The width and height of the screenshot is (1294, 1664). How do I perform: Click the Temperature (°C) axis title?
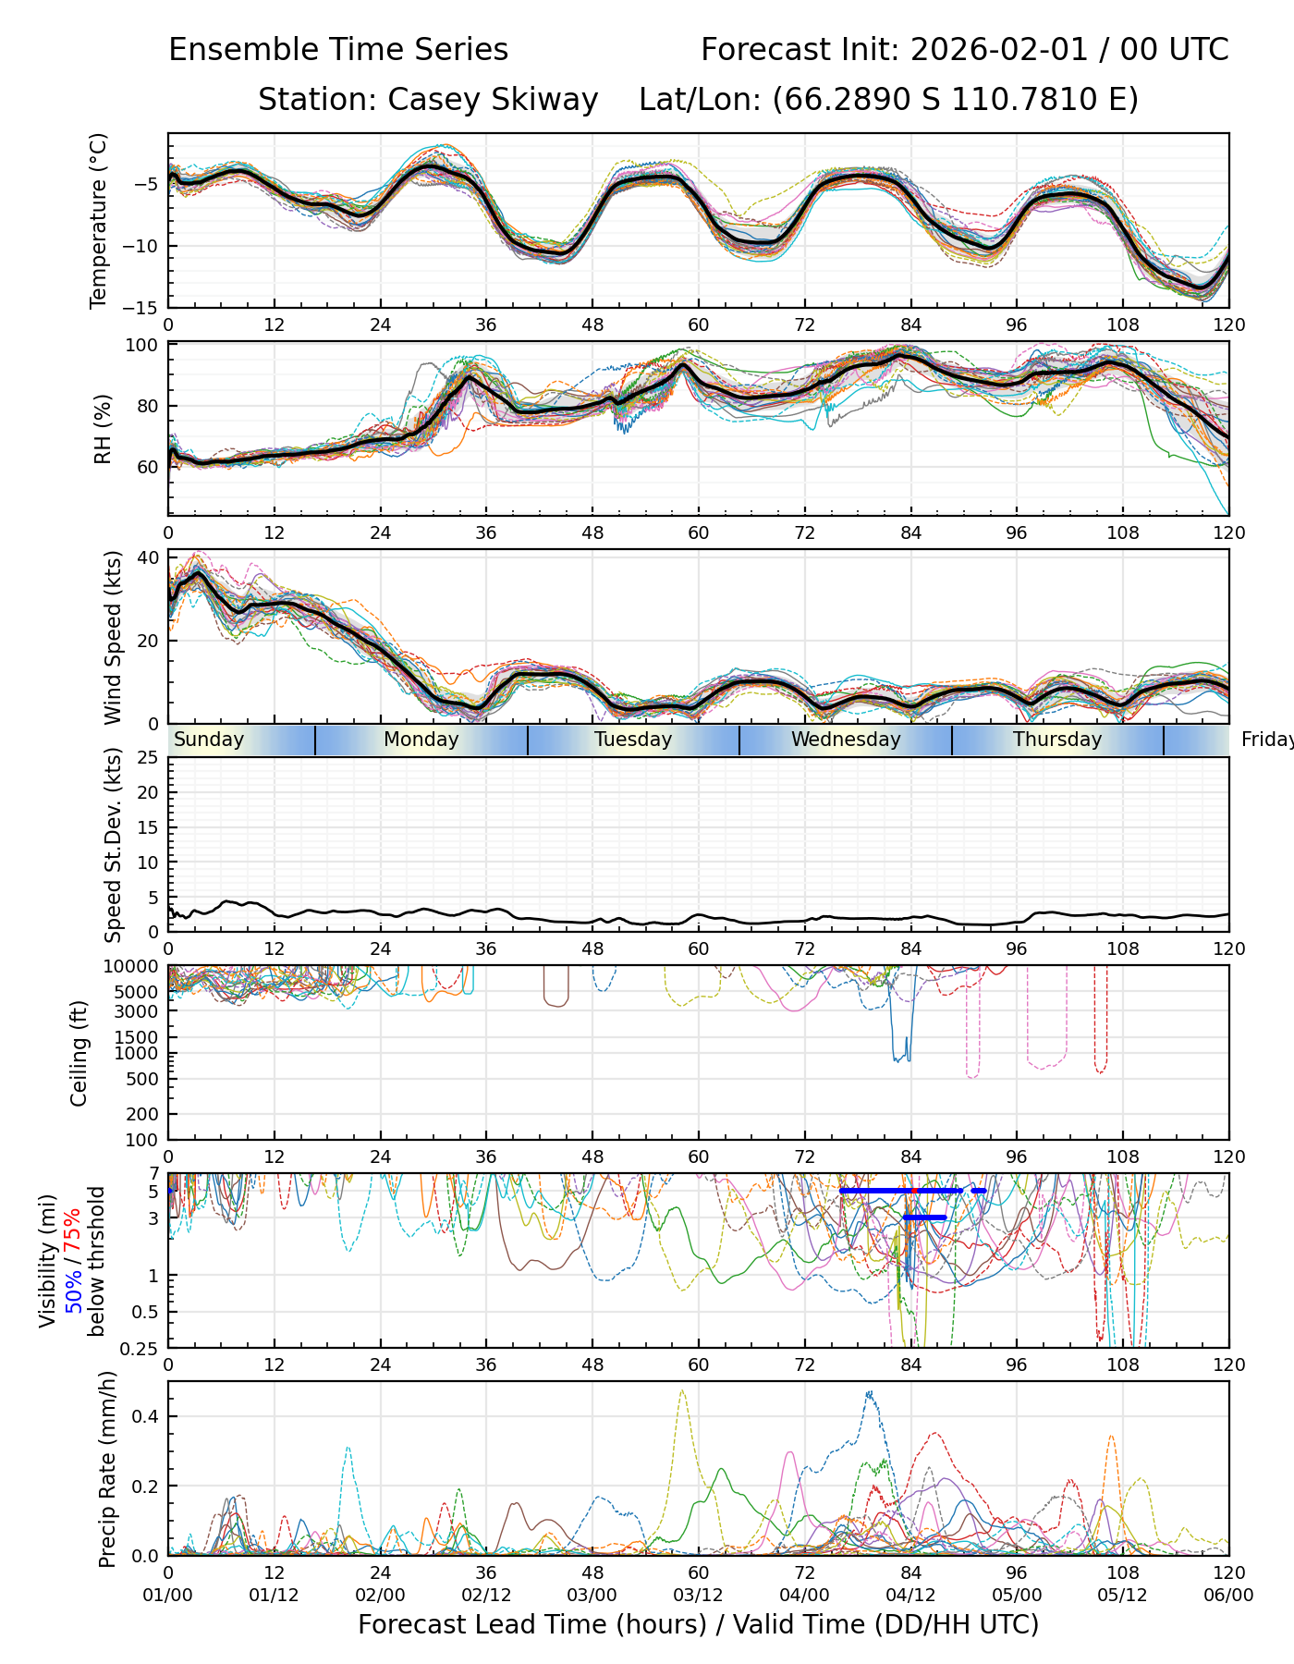point(99,220)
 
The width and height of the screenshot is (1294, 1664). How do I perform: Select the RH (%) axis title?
point(103,429)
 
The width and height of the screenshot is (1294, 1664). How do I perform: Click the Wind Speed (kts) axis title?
point(113,638)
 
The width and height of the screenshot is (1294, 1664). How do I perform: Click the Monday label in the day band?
point(421,740)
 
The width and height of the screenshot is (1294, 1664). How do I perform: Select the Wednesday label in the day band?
point(845,740)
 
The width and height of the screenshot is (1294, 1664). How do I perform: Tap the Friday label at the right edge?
point(1266,740)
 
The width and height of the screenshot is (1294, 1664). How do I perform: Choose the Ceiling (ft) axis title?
point(79,1053)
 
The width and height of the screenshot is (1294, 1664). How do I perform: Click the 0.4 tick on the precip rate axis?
point(148,1416)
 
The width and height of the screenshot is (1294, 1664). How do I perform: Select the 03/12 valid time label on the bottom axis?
point(698,1596)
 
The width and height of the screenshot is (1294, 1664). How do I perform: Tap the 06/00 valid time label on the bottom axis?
point(1228,1596)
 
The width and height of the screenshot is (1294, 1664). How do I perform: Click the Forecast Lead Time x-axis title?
point(698,1624)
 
